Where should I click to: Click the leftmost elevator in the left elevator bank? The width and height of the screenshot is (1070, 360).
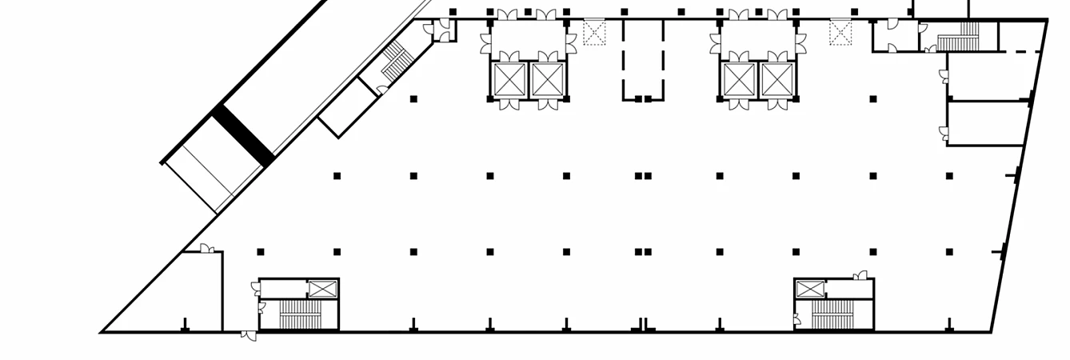click(x=509, y=79)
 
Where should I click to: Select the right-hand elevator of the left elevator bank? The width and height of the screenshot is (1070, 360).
click(x=547, y=79)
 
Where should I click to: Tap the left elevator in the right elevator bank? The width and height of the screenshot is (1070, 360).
click(x=739, y=79)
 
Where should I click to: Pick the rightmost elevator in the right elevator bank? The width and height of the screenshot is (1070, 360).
click(x=777, y=79)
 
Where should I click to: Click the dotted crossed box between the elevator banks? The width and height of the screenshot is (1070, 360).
click(x=594, y=33)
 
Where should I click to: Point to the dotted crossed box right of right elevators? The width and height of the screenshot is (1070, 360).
click(x=840, y=33)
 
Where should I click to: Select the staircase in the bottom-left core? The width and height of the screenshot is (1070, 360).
click(x=299, y=314)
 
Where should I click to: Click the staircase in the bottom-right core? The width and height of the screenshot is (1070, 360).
click(x=833, y=314)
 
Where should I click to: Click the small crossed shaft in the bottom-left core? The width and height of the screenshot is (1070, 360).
click(x=322, y=289)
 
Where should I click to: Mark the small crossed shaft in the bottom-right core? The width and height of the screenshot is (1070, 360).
click(x=809, y=289)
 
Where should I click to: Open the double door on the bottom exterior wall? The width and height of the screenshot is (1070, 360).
click(x=249, y=336)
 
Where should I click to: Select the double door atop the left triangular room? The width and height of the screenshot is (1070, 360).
click(x=206, y=249)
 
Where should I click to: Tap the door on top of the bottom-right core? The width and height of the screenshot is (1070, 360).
click(x=860, y=275)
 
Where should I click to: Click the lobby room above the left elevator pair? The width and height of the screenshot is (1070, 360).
click(x=528, y=38)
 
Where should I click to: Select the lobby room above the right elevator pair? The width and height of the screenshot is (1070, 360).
click(x=757, y=38)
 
